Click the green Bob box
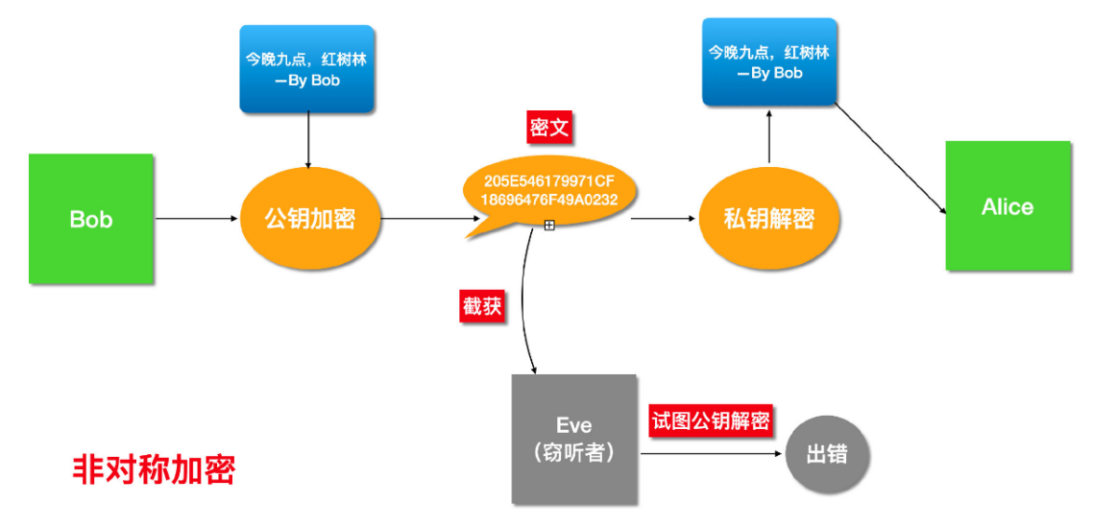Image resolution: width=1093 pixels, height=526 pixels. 91,219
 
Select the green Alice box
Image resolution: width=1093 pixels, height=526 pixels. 1008,206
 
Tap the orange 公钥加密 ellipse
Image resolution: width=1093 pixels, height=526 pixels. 309,219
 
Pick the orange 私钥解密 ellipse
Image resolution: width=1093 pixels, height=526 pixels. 768,219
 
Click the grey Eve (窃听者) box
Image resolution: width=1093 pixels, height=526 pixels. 573,439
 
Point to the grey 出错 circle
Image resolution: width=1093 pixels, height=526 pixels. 828,454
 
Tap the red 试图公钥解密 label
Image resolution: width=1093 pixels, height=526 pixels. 711,420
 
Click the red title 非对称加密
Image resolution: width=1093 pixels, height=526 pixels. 154,469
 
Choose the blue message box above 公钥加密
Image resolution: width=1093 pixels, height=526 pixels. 306,68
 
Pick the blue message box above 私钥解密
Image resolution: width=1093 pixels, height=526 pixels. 768,61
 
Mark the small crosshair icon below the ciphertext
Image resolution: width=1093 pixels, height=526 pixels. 549,225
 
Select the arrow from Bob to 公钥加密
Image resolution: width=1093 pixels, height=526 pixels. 196,219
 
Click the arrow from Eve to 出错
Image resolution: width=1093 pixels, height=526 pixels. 711,454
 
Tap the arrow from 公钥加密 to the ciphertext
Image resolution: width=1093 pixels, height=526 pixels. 427,219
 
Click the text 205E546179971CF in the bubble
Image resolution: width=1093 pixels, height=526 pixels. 548,180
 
